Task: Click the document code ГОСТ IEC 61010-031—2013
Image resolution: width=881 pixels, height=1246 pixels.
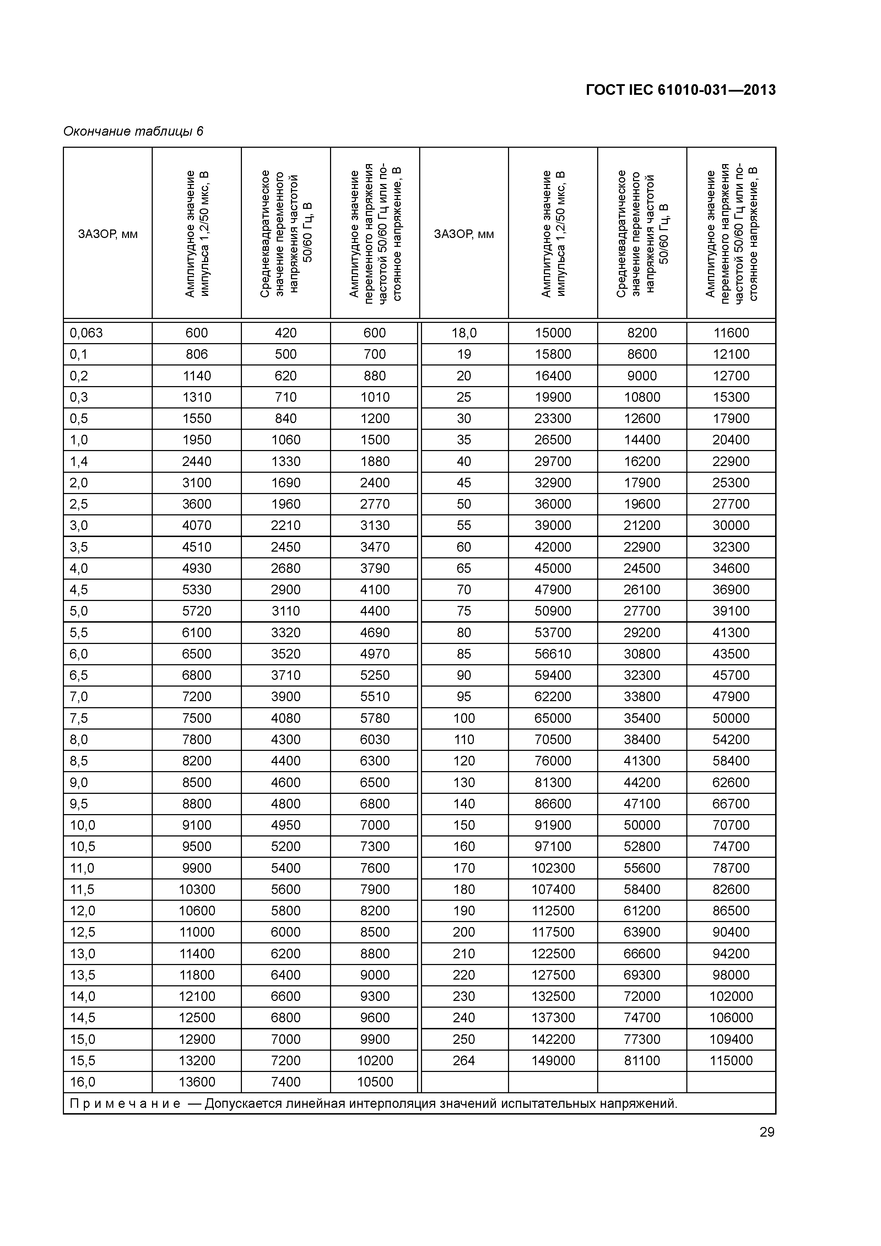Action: click(x=681, y=90)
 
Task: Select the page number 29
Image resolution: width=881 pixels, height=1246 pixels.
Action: click(x=767, y=1132)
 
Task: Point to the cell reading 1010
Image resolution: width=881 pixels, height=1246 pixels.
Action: click(x=374, y=397)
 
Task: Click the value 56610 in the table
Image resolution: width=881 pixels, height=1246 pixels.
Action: click(x=553, y=654)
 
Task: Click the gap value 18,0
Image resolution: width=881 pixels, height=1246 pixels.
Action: click(x=464, y=333)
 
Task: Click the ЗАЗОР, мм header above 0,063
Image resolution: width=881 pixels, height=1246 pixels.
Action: click(x=108, y=234)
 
